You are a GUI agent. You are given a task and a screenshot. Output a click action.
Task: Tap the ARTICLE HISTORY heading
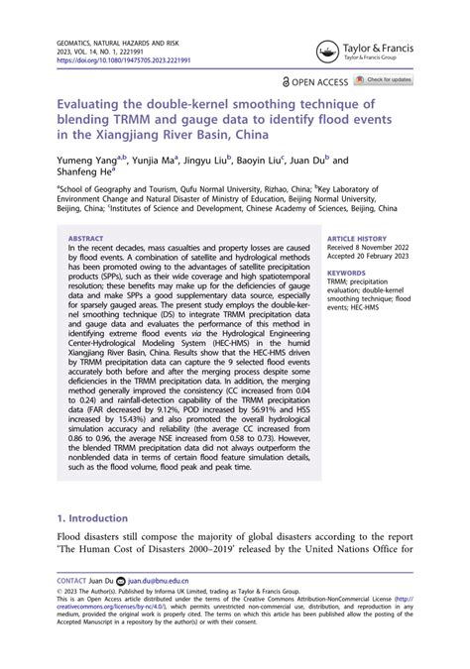pyautogui.click(x=358, y=239)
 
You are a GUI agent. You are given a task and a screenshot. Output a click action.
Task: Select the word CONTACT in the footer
pyautogui.click(x=72, y=579)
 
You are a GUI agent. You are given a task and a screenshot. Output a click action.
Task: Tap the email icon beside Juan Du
pyautogui.click(x=122, y=579)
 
